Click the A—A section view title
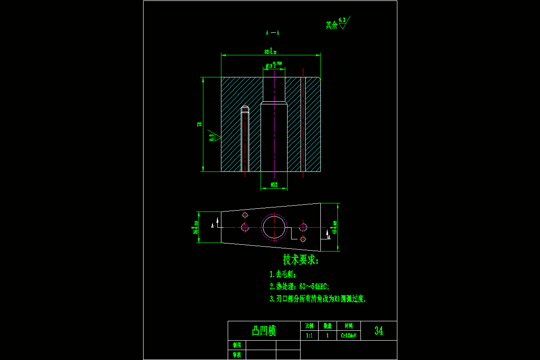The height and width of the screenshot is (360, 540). [x=272, y=32]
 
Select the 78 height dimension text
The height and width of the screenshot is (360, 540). [x=199, y=124]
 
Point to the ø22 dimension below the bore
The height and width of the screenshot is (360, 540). [x=274, y=184]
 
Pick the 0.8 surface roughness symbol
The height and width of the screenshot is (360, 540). [x=213, y=136]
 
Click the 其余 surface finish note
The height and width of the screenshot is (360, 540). [x=337, y=24]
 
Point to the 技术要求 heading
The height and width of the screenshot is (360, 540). [x=301, y=260]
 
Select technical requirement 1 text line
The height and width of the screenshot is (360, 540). [x=283, y=274]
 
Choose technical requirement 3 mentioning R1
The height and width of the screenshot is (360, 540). [x=318, y=298]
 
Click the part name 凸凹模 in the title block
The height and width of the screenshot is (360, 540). [x=264, y=331]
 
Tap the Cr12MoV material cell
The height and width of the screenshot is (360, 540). [x=348, y=335]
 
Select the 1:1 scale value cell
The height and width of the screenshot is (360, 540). [x=309, y=335]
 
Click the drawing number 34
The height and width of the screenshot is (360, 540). [x=379, y=331]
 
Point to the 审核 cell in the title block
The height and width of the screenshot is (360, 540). [x=237, y=355]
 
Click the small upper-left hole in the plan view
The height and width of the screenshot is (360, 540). [x=245, y=215]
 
